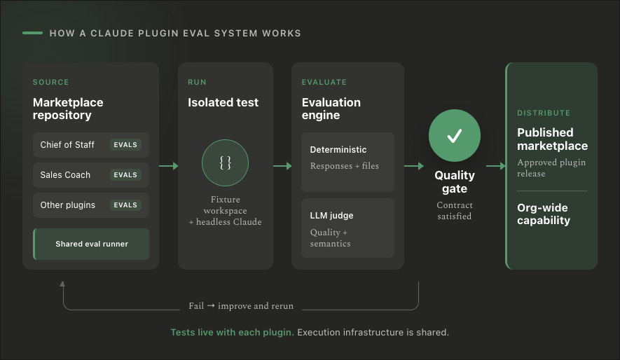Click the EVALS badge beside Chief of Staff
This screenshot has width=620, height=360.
(x=125, y=145)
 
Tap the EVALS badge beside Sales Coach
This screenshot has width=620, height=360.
(x=125, y=174)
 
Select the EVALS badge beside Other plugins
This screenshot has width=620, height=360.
(x=125, y=205)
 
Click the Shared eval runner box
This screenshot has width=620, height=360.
(x=91, y=244)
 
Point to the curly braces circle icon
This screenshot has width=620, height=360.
(x=225, y=162)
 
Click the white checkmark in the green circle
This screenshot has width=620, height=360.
(x=455, y=136)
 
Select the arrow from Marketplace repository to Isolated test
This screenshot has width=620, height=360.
(x=168, y=166)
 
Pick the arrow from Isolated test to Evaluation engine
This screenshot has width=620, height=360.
(x=282, y=166)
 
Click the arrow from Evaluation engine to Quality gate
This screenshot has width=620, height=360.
(x=413, y=166)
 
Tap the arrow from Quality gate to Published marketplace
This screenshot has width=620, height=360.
(x=496, y=166)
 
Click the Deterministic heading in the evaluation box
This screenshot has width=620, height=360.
(x=338, y=150)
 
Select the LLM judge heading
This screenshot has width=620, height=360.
(x=331, y=216)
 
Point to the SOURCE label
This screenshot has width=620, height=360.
(x=50, y=82)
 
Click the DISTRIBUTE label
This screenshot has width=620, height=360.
(x=544, y=113)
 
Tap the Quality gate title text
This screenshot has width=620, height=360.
(x=455, y=182)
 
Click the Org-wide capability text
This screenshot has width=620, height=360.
(x=544, y=214)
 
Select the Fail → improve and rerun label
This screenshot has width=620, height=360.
(x=241, y=306)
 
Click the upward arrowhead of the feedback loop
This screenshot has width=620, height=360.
(x=62, y=284)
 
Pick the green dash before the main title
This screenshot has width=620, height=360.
(x=32, y=33)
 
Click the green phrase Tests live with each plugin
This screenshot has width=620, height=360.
(x=232, y=333)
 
